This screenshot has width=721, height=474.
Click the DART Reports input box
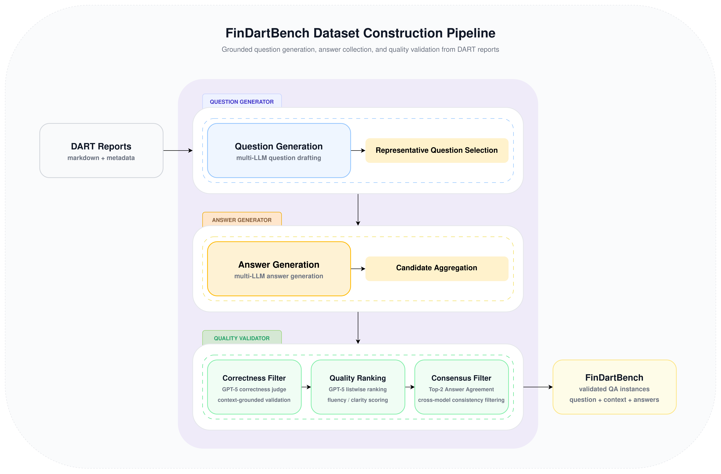[101, 150]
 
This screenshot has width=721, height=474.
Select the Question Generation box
[279, 150]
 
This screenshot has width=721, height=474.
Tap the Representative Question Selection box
[436, 150]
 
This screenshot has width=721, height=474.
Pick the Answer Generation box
[279, 269]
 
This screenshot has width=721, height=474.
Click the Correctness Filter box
[254, 387]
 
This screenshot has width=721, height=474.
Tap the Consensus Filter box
[461, 387]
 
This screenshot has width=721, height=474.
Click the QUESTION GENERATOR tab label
[242, 102]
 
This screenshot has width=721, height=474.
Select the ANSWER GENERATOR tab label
[242, 220]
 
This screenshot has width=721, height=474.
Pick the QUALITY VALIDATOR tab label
[242, 338]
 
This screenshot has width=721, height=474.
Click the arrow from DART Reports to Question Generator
[178, 150]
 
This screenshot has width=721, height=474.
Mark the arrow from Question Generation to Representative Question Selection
[358, 150]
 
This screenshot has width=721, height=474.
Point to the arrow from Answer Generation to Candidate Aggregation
[358, 269]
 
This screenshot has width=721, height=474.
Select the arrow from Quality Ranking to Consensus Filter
[410, 387]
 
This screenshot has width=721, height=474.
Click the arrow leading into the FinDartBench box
[538, 387]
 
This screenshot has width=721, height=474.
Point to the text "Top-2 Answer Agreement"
[461, 389]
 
